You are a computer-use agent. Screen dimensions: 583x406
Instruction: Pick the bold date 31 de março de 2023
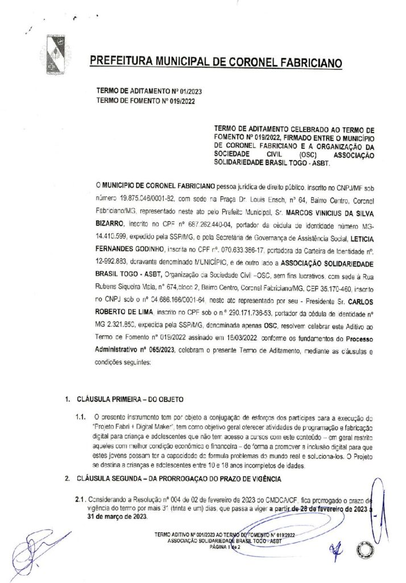[x=109, y=516]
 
